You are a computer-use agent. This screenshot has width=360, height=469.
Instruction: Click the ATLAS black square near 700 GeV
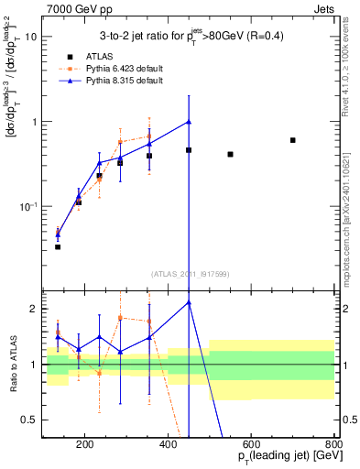click(x=292, y=140)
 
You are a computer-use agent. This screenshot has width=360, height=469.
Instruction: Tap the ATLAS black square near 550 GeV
click(x=230, y=154)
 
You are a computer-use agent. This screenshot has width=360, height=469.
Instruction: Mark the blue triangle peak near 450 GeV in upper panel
click(x=189, y=122)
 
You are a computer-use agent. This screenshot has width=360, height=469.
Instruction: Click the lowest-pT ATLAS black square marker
click(x=58, y=246)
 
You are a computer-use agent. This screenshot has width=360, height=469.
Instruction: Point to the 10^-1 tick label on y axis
click(x=28, y=206)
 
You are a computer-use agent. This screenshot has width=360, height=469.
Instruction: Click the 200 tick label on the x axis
click(x=85, y=444)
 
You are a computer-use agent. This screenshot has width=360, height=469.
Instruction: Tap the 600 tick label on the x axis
click(x=251, y=444)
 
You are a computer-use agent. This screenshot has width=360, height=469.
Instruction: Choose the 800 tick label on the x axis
click(x=333, y=444)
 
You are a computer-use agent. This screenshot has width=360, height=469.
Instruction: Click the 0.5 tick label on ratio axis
click(x=29, y=420)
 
